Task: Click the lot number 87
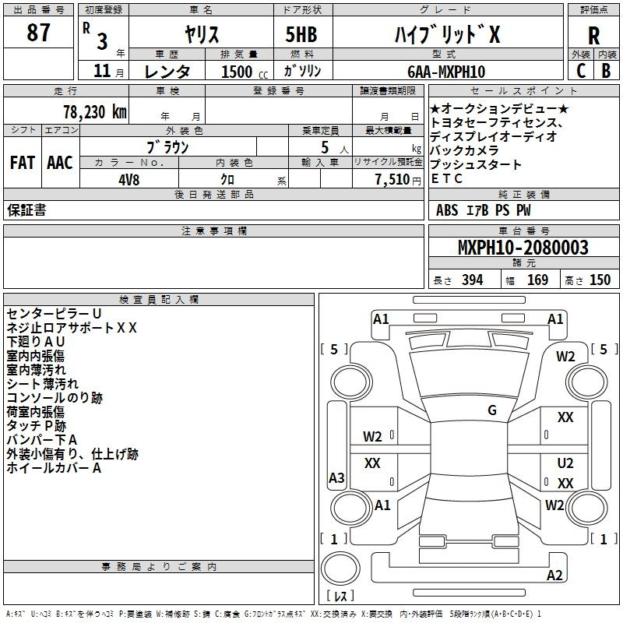(38, 32)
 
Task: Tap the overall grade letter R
(593, 35)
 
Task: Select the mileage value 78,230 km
(95, 112)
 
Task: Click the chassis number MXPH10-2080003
(523, 247)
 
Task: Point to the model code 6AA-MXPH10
(446, 72)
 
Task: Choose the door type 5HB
(301, 34)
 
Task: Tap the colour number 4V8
(128, 180)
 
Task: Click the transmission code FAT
(23, 163)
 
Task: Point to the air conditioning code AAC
(60, 163)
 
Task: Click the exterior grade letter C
(581, 71)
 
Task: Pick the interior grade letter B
(606, 71)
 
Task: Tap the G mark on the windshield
(492, 410)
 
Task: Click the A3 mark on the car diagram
(336, 477)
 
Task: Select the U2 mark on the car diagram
(565, 463)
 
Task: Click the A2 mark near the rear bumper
(554, 575)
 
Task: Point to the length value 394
(472, 280)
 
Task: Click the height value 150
(600, 280)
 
